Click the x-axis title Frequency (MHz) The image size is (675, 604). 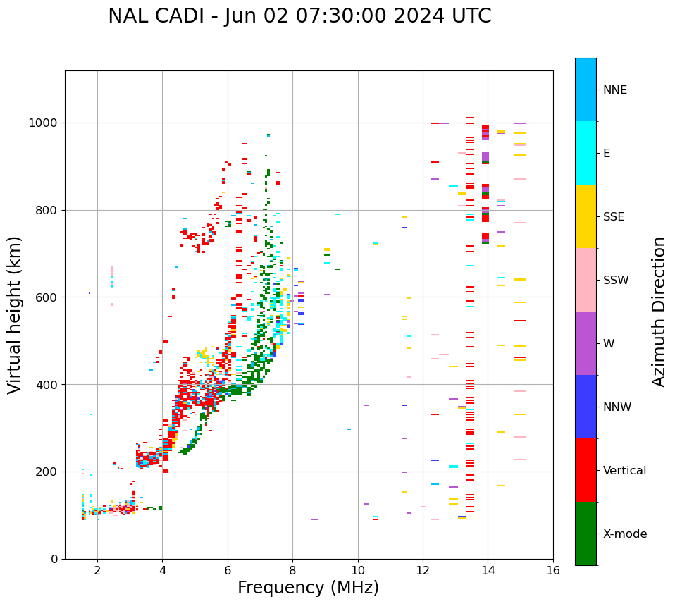(308, 588)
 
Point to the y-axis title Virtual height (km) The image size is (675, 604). (15, 314)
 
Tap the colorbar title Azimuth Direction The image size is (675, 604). (659, 312)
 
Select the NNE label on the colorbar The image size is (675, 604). (614, 90)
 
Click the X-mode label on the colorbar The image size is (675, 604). (624, 534)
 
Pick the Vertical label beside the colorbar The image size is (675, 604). (624, 471)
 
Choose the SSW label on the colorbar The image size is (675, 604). (615, 281)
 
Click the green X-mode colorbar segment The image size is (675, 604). (586, 534)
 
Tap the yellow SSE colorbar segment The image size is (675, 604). (586, 216)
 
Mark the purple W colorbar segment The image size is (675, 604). (586, 343)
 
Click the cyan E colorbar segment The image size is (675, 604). (586, 153)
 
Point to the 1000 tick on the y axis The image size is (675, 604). (45, 123)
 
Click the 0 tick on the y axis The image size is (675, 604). (55, 560)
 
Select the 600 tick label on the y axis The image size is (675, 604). (49, 297)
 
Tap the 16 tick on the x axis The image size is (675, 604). (553, 570)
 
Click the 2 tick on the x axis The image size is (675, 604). (97, 570)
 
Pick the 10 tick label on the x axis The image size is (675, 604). (358, 570)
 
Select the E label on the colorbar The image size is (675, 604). (607, 154)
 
